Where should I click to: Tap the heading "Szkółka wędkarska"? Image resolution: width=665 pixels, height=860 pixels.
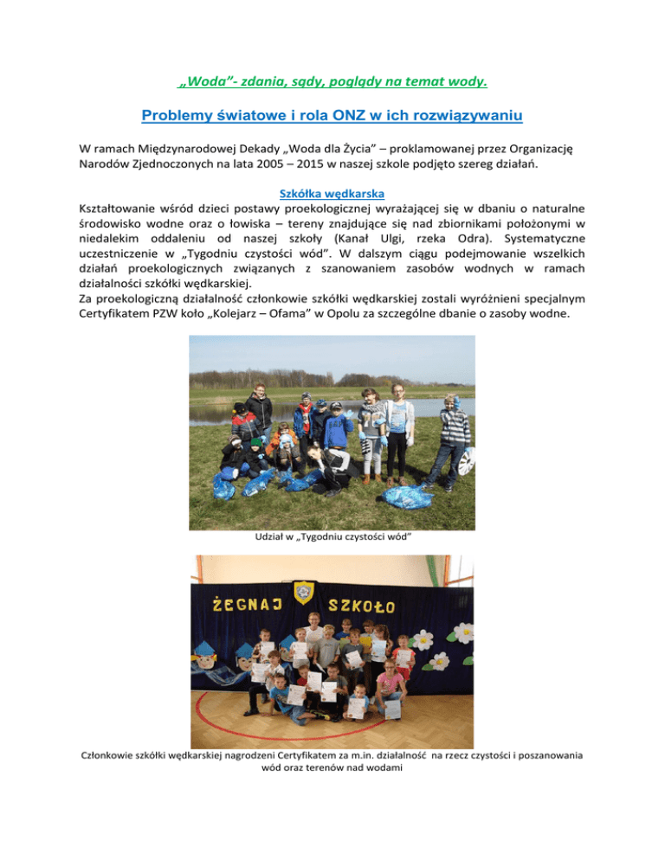click(332, 196)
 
